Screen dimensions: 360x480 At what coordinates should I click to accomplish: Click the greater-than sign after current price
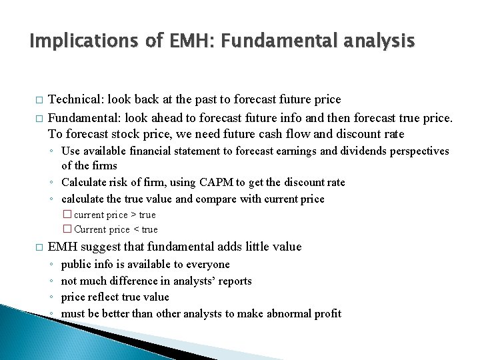pyautogui.click(x=133, y=215)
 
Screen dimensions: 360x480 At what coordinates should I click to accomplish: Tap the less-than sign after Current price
pyautogui.click(x=136, y=229)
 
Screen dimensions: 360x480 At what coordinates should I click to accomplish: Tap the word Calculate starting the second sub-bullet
pyautogui.click(x=83, y=182)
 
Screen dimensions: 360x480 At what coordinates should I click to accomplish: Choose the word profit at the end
pyautogui.click(x=327, y=313)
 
